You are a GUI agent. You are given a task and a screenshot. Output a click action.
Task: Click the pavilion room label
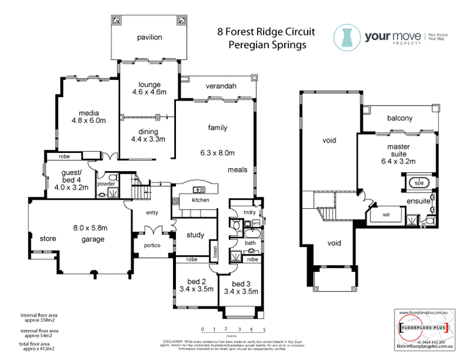(x=149, y=37)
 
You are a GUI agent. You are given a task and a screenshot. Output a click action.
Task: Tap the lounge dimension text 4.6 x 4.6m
(x=148, y=92)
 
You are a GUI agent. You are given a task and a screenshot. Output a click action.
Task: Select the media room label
(x=88, y=112)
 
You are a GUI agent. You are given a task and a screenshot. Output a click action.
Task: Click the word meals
(x=238, y=170)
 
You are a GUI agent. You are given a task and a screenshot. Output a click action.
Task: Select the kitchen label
(x=200, y=200)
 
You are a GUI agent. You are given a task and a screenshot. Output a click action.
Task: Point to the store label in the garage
(x=48, y=239)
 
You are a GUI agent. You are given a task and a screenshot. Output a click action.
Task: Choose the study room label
(x=195, y=235)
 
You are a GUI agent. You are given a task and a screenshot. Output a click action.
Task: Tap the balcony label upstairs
(x=399, y=118)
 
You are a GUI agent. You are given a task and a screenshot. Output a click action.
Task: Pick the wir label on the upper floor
(x=379, y=213)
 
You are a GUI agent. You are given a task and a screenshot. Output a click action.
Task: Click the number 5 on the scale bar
(x=264, y=329)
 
